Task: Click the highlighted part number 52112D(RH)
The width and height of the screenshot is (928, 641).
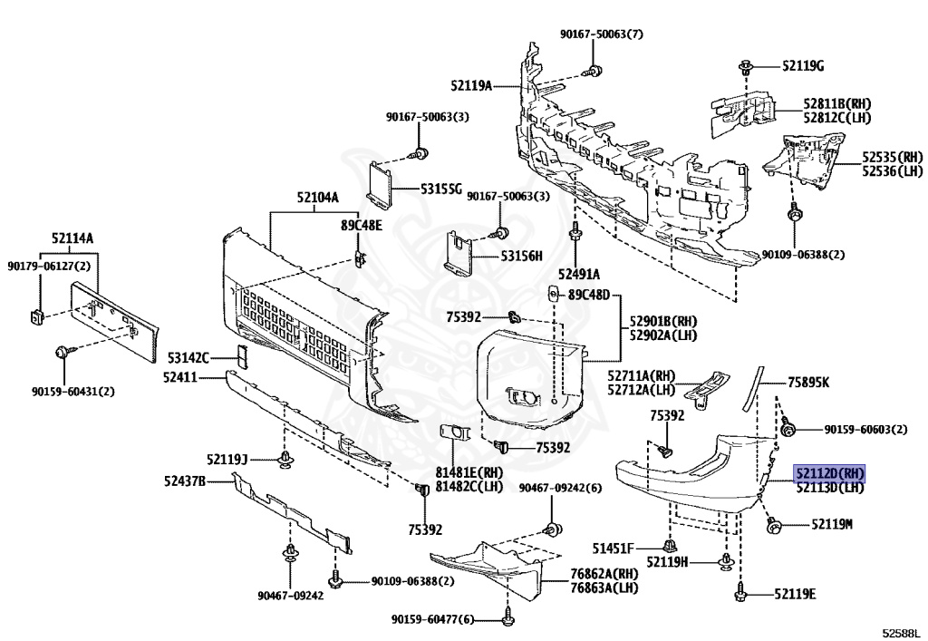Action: [829, 473]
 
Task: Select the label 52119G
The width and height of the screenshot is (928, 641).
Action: [803, 65]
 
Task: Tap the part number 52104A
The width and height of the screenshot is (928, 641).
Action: [318, 198]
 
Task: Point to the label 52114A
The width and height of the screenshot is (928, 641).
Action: [72, 238]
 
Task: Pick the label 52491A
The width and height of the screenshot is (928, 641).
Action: [579, 274]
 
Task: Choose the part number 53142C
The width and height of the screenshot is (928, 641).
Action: [188, 358]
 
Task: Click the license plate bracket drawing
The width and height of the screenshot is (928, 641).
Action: [113, 321]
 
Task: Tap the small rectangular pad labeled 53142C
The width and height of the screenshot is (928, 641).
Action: [242, 356]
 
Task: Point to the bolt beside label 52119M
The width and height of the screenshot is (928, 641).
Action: [771, 525]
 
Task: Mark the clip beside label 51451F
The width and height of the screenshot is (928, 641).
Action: [670, 545]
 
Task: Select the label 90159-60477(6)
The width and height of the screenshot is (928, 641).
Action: [432, 619]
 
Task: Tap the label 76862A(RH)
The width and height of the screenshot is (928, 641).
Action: [604, 573]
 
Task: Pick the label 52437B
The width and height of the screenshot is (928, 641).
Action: [185, 481]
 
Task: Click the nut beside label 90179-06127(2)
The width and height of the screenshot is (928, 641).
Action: [36, 316]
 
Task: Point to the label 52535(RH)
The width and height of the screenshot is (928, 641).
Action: [893, 157]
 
